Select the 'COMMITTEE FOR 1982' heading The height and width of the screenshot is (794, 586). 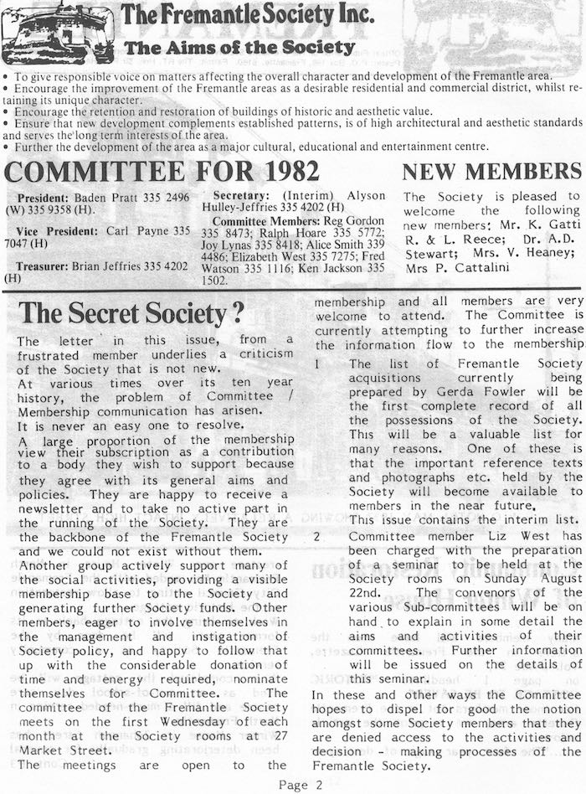coord(162,172)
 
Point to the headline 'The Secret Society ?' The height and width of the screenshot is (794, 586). coord(131,312)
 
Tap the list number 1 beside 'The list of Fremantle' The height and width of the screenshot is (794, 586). coord(316,364)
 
